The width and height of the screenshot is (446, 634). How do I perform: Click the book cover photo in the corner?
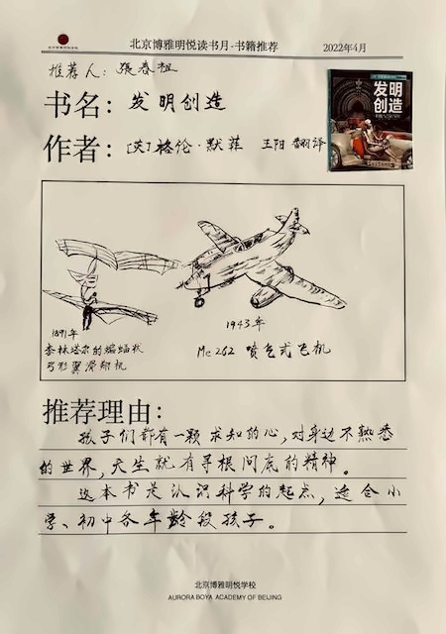tap(370, 119)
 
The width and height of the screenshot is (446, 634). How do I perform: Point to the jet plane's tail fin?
tap(287, 223)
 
